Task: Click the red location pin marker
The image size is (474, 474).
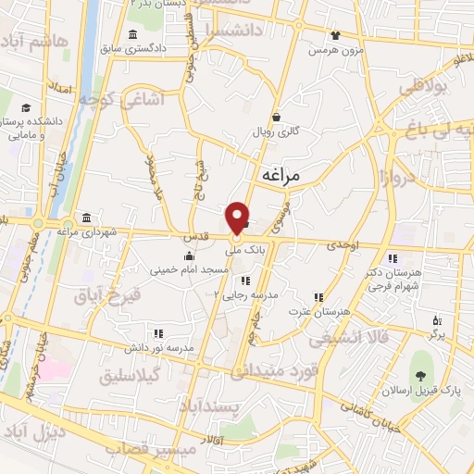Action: click(239, 217)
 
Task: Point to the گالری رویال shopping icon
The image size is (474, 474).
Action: click(278, 117)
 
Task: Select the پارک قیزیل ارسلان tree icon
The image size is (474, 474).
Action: click(421, 376)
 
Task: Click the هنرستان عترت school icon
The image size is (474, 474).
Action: click(318, 297)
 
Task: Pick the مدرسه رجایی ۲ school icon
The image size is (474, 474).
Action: click(244, 280)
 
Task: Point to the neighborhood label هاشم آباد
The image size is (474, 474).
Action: click(36, 43)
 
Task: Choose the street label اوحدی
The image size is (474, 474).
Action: click(343, 244)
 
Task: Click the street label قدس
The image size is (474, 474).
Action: click(193, 237)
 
